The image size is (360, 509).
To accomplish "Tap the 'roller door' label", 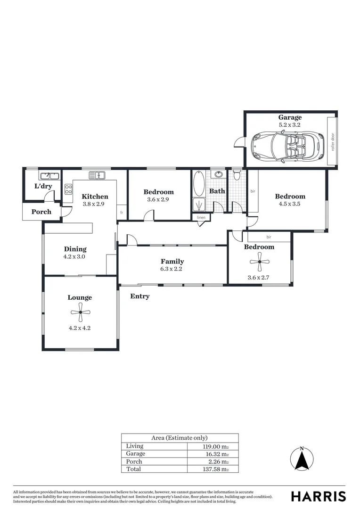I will coord(332,142).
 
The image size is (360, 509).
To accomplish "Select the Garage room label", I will coord(290,117).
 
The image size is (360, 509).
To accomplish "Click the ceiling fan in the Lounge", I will coord(81,312).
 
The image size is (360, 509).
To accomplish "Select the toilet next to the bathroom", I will coord(237,176).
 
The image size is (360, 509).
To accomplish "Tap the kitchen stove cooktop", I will coord(68,189).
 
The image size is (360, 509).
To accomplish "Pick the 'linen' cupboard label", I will coord(201,217).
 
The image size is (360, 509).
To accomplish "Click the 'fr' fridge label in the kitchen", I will coord(122,213).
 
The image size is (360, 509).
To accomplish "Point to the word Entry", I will coord(140,296).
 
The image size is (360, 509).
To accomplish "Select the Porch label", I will coord(41,212).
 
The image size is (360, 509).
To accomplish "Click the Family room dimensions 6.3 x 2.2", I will coord(172,269).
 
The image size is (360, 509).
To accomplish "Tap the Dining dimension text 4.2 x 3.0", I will coord(75,257).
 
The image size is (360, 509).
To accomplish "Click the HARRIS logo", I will coord(318,496).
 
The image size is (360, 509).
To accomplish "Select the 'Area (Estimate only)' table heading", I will coord(180,438).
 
